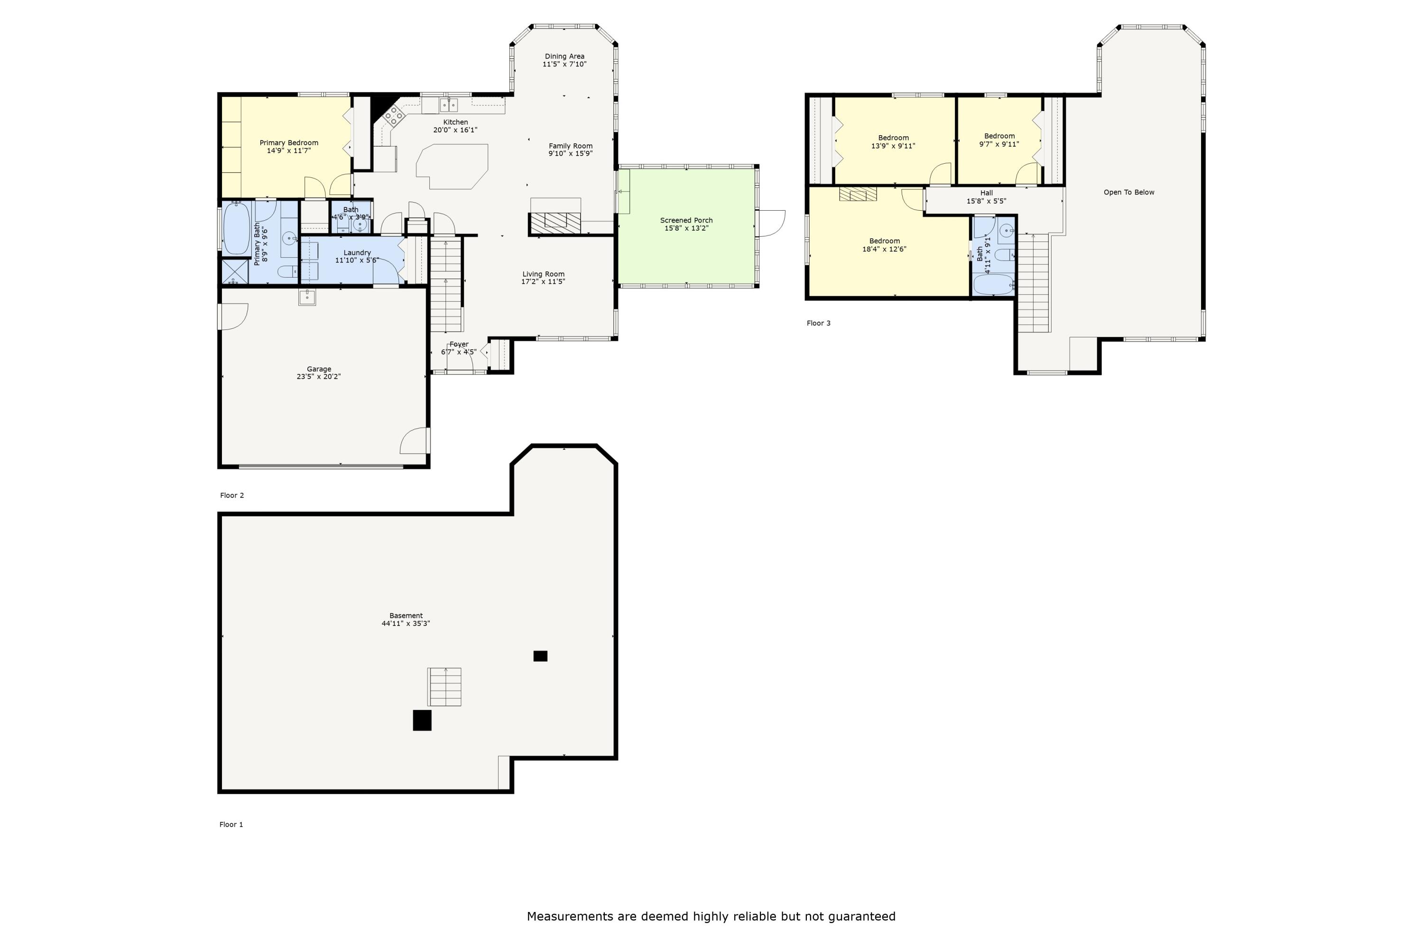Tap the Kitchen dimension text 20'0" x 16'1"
(x=455, y=130)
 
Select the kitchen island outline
(x=452, y=167)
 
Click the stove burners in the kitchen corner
(x=393, y=114)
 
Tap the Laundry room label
(x=357, y=253)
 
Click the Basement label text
(x=406, y=616)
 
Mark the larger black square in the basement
(x=422, y=720)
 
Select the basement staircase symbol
(x=445, y=687)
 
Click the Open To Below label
(x=1129, y=193)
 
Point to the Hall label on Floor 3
(x=986, y=193)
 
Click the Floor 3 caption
(x=819, y=323)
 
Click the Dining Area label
(x=564, y=56)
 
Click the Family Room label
(x=571, y=146)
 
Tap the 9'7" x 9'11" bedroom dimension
(x=999, y=145)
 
